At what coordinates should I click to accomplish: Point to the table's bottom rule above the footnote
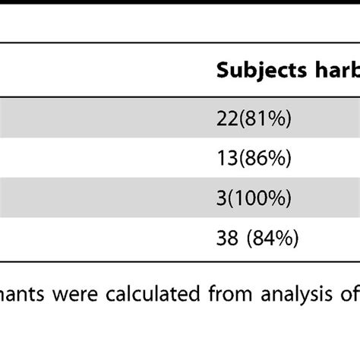coord(180,260)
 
